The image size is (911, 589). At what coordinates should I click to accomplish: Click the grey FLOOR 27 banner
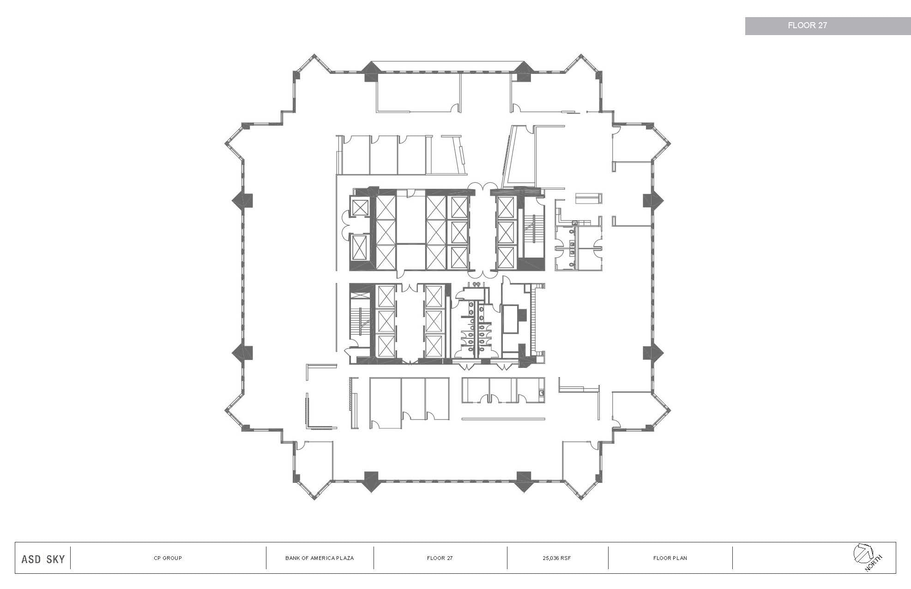[x=807, y=26]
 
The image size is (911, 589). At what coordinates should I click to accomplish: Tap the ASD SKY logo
[x=43, y=559]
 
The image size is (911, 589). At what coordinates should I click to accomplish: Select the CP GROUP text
[x=168, y=558]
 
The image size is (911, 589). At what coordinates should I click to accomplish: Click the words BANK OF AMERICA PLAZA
[x=320, y=558]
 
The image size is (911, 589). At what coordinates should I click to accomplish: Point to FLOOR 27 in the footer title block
[x=440, y=558]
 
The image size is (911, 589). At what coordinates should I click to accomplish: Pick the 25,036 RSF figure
[x=557, y=558]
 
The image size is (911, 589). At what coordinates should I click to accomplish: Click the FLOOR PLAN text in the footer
[x=670, y=558]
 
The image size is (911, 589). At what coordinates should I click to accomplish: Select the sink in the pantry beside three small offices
[x=542, y=393]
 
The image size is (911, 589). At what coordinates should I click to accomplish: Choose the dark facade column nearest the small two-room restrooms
[x=652, y=200]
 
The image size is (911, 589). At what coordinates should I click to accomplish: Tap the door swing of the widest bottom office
[x=378, y=423]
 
